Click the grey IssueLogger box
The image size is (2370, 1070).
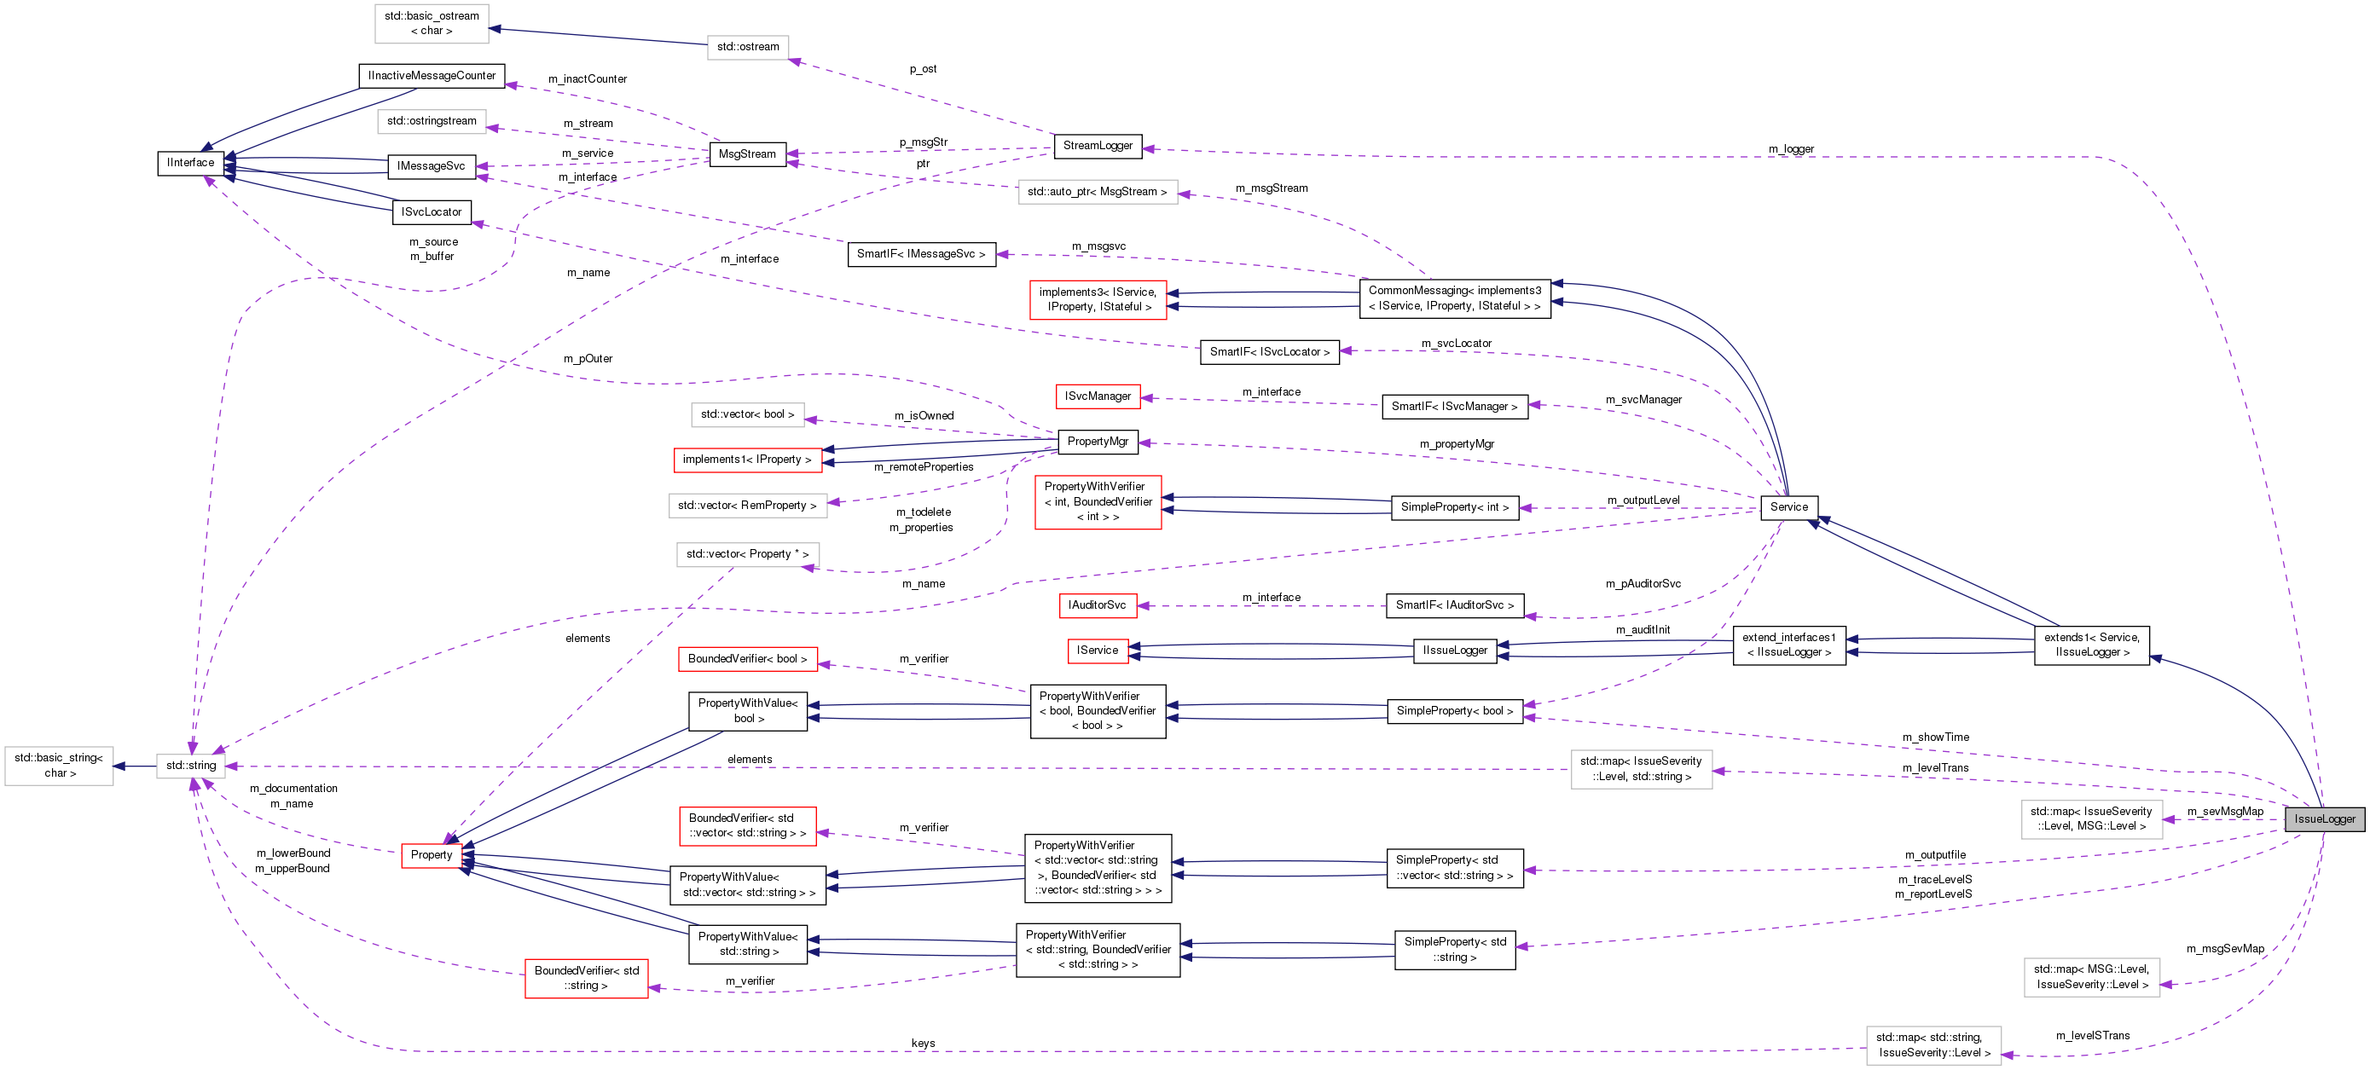click(2324, 818)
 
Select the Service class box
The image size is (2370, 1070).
click(1788, 507)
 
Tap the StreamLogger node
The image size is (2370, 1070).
click(1098, 145)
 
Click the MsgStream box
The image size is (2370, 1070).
click(747, 153)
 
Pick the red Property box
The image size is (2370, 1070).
click(431, 854)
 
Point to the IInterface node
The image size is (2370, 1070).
click(190, 163)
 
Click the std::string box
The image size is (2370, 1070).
click(190, 766)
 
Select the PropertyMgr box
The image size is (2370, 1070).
click(1098, 442)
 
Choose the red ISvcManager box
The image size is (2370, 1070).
click(1098, 396)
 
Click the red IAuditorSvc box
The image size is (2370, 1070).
click(1097, 605)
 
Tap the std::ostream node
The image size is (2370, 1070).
click(747, 47)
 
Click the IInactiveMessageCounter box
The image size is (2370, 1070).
click(431, 75)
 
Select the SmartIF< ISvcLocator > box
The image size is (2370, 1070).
click(1269, 352)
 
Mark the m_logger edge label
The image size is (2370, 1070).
click(1790, 149)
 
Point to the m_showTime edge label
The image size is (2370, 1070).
click(1936, 737)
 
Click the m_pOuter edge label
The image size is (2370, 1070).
click(588, 359)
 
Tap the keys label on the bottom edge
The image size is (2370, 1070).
click(923, 1044)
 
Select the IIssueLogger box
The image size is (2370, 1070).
click(1455, 651)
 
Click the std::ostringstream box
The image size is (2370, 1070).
click(432, 121)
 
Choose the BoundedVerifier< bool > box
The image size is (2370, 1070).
click(747, 659)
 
